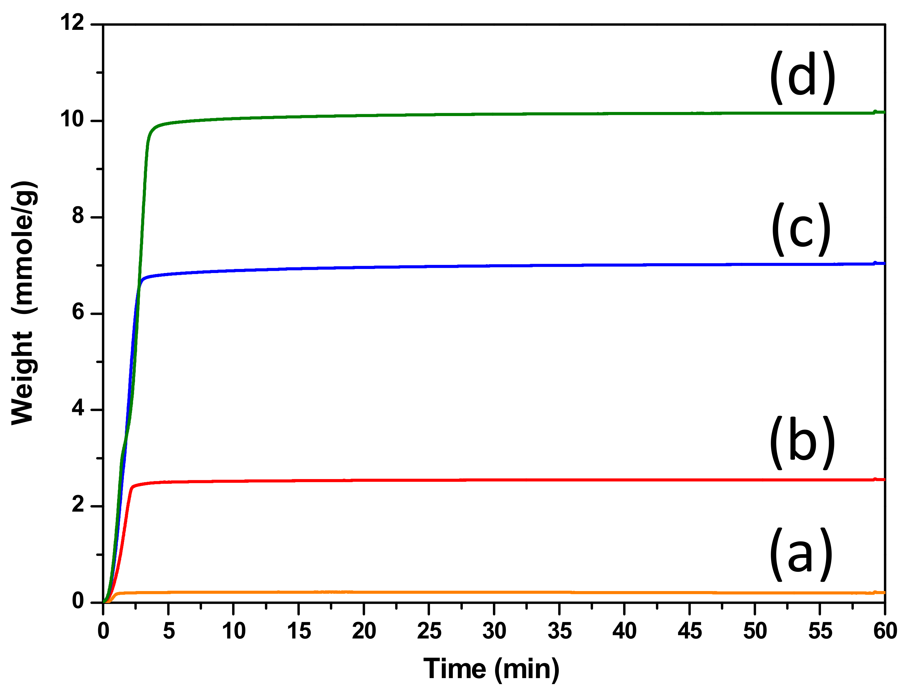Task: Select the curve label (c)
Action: coord(801,229)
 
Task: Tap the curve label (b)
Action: coord(803,442)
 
